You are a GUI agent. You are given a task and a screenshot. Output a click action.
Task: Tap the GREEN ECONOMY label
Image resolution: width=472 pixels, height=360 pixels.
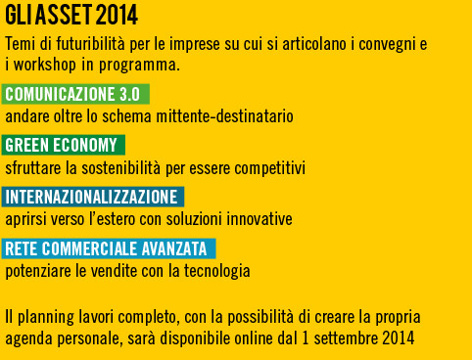click(63, 146)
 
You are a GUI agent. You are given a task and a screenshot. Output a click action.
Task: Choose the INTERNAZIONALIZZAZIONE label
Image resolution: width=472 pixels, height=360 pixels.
click(93, 197)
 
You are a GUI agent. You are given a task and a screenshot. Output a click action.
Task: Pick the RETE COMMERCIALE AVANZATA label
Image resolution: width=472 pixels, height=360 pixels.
click(108, 247)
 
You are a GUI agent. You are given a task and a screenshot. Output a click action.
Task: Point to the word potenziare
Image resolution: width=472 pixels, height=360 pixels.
click(35, 268)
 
